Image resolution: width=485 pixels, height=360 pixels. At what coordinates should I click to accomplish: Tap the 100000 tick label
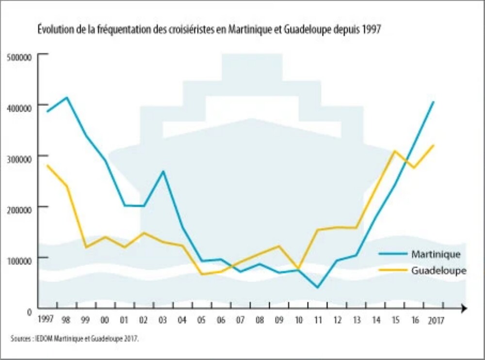[20, 259]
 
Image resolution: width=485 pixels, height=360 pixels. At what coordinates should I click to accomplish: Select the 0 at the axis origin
[30, 311]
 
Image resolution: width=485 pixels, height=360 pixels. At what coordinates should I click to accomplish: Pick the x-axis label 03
[162, 320]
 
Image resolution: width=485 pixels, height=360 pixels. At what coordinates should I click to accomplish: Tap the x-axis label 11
[318, 320]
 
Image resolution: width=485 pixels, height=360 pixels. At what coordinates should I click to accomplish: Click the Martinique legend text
[435, 254]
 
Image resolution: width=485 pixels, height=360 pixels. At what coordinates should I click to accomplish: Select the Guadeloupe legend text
[438, 271]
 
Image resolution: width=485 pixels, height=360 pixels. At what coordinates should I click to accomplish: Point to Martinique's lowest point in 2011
[318, 288]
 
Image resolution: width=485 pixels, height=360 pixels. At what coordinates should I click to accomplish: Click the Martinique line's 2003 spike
[163, 171]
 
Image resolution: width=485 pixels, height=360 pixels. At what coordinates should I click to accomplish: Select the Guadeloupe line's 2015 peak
[395, 151]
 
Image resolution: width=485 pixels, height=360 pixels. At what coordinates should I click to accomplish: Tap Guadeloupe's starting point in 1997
[47, 165]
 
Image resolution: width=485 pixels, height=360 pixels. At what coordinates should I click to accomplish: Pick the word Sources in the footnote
[21, 338]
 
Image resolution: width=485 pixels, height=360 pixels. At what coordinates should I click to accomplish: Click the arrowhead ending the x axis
[464, 308]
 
